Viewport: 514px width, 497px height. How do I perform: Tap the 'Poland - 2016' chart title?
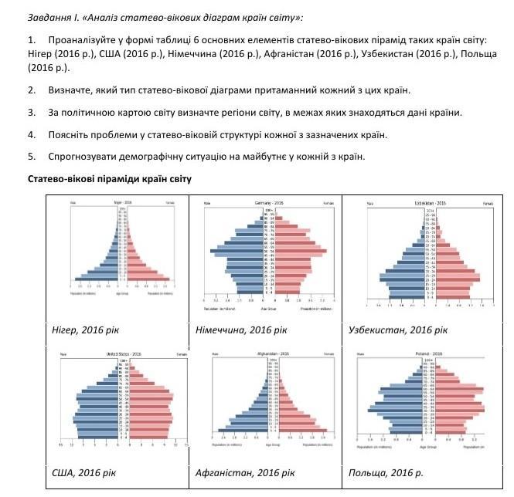(x=424, y=353)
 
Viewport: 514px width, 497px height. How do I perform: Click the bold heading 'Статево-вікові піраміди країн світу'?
(x=110, y=179)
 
